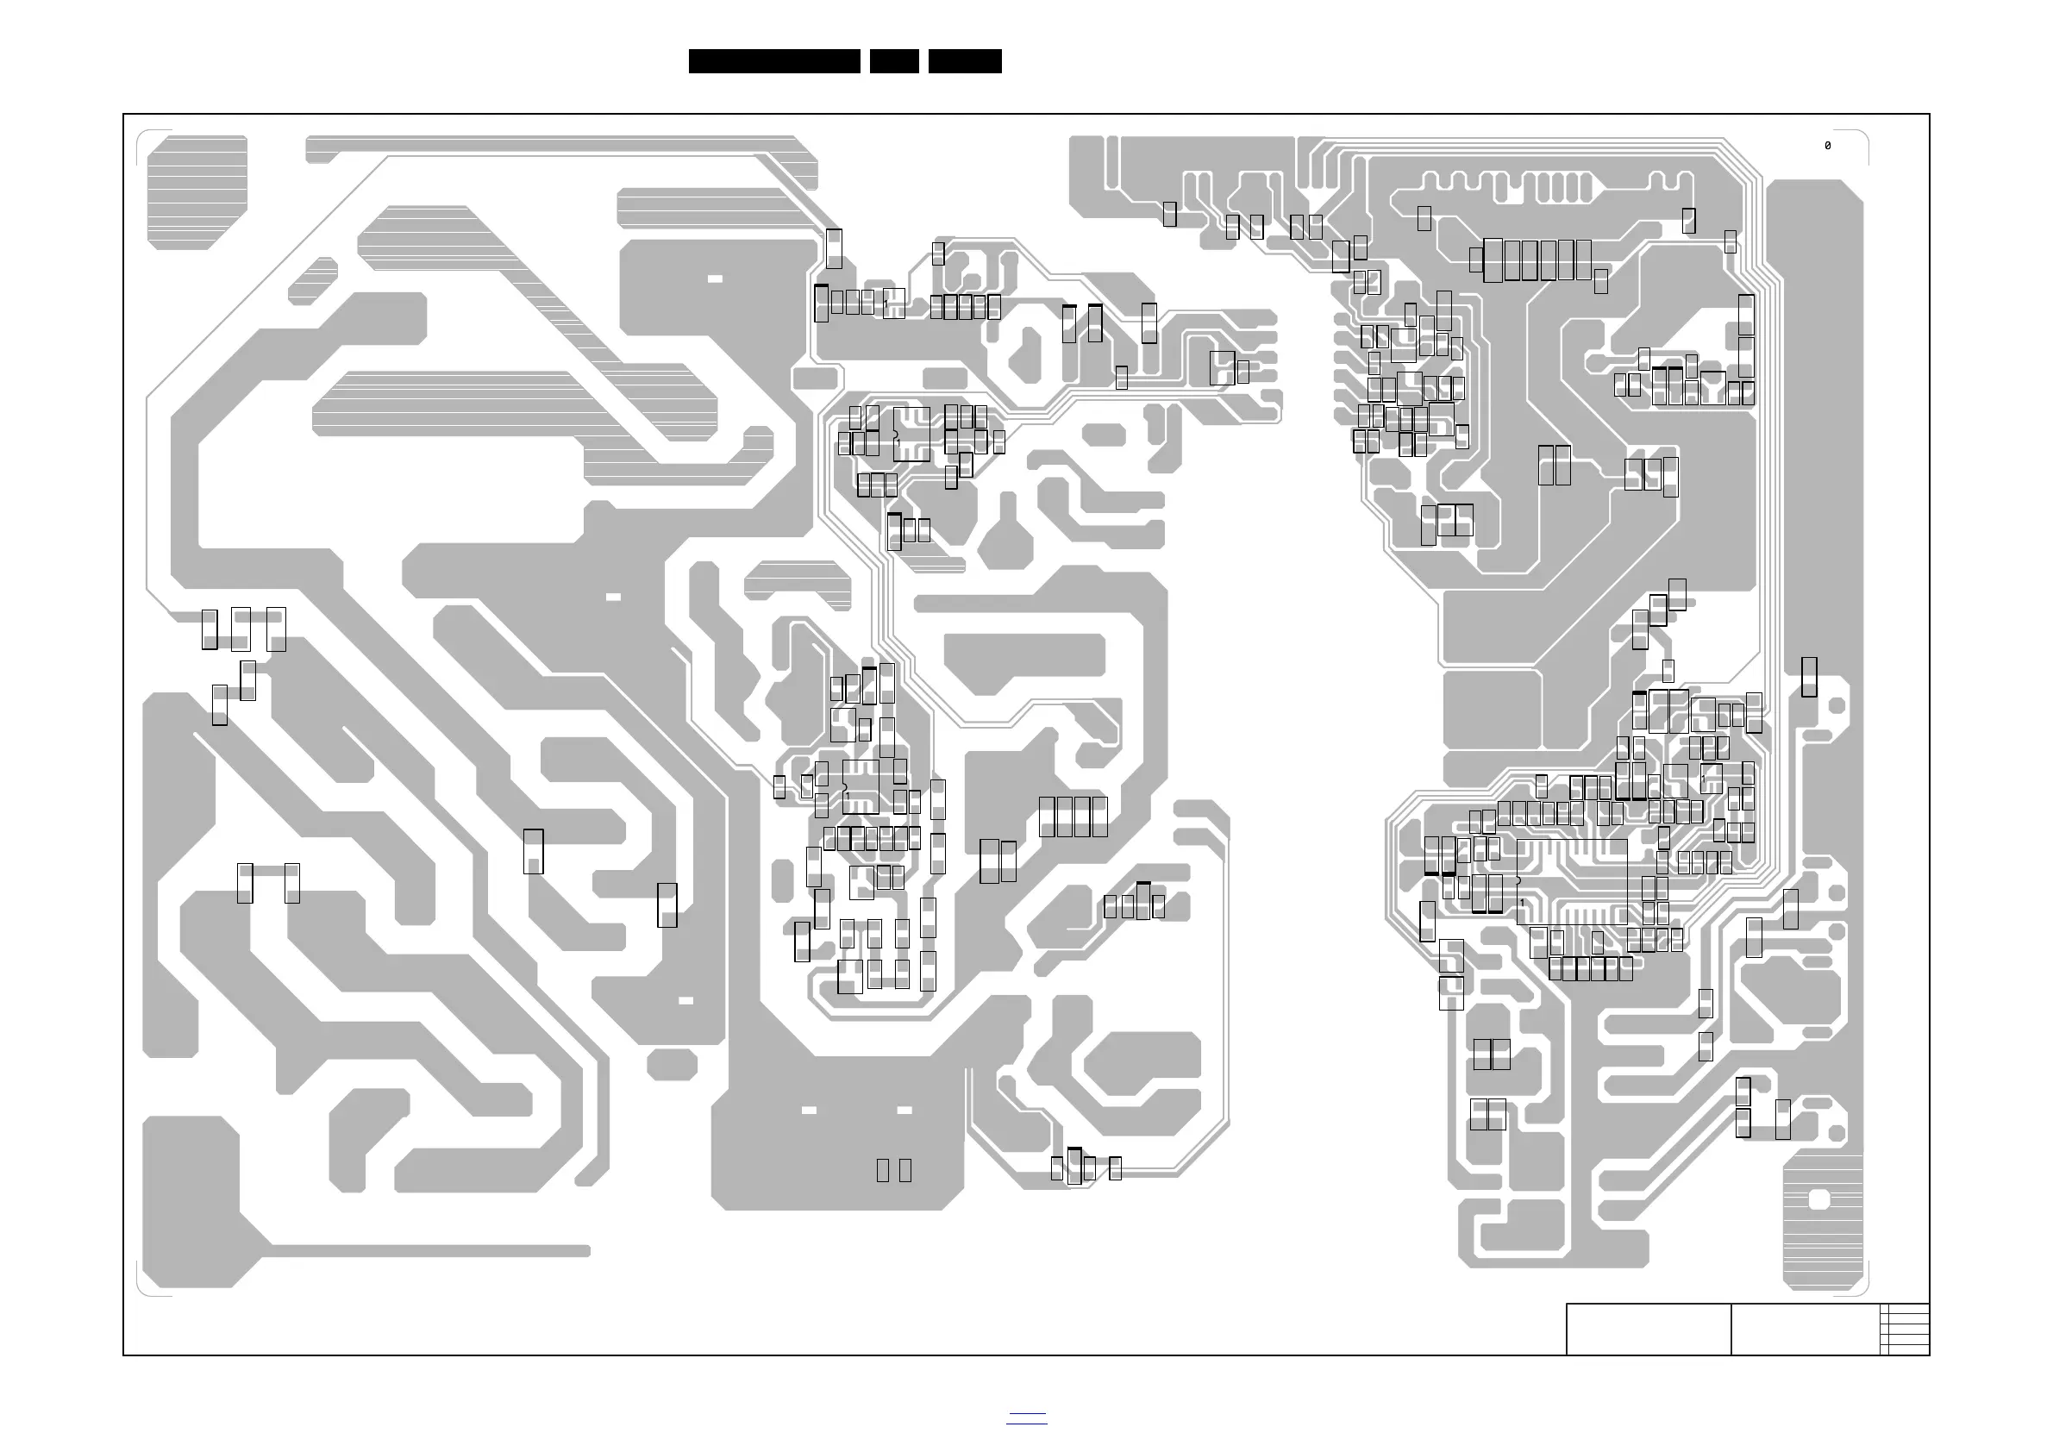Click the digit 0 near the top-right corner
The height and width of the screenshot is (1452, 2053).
(1827, 146)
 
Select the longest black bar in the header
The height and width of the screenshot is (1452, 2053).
(774, 61)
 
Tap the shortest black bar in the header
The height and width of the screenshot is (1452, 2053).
(894, 61)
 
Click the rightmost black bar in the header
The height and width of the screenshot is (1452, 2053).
(965, 61)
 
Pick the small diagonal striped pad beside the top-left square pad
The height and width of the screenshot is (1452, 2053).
(313, 280)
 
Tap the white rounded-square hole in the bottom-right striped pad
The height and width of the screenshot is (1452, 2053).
(1818, 1199)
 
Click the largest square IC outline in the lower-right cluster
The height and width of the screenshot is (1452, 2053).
(1572, 880)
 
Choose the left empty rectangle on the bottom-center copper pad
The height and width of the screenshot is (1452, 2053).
(883, 1169)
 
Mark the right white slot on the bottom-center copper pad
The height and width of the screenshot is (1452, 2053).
(904, 1111)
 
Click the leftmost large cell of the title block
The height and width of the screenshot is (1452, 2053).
(1648, 1330)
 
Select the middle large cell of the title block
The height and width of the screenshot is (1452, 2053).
(1806, 1330)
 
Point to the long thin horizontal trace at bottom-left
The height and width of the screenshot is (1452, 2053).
(429, 1251)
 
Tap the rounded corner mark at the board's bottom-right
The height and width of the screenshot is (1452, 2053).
(1861, 1288)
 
